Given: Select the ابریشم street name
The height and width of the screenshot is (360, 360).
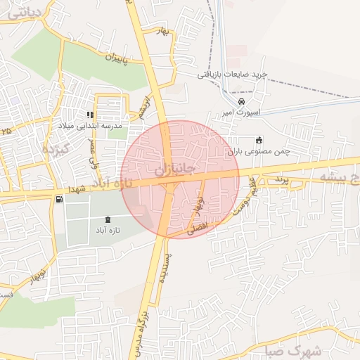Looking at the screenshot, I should tap(145, 107).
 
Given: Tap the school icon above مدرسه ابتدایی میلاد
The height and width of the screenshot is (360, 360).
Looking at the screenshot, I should tap(90, 115).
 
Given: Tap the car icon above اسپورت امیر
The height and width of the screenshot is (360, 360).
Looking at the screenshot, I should tap(243, 101).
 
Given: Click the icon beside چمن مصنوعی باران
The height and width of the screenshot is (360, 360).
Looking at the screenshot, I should tap(259, 139).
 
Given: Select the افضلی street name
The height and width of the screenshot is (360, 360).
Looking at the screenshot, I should tap(198, 228).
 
